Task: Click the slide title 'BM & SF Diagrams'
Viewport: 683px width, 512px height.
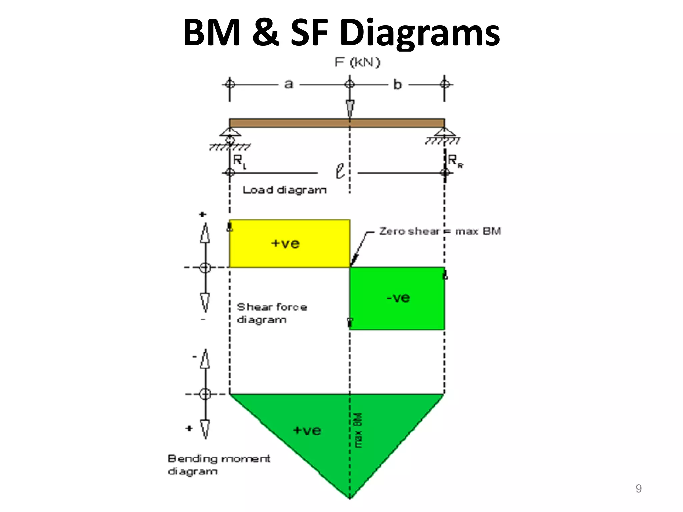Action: click(x=341, y=33)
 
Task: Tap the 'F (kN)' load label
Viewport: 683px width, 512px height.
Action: click(x=357, y=62)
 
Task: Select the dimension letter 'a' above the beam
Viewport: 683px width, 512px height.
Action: click(x=289, y=84)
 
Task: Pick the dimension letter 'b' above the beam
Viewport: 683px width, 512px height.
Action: click(x=397, y=84)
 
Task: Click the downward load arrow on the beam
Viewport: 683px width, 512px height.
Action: click(x=350, y=107)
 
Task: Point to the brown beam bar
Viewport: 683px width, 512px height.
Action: click(x=337, y=123)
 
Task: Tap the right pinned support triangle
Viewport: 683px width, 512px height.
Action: click(x=444, y=132)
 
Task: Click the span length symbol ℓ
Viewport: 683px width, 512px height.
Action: click(x=340, y=171)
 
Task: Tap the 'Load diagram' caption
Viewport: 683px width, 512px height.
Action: click(x=285, y=190)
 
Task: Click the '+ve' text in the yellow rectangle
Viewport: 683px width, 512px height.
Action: click(x=285, y=243)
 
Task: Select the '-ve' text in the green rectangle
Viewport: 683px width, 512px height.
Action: click(x=398, y=298)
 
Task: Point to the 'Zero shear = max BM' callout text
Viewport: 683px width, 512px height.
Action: click(x=440, y=231)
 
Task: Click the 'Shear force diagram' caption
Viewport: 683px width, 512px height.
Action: click(x=272, y=313)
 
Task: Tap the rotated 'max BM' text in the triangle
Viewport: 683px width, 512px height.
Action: click(x=358, y=430)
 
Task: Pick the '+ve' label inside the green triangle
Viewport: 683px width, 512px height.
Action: click(x=307, y=430)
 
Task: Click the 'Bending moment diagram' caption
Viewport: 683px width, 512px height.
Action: click(x=219, y=465)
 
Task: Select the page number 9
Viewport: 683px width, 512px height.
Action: click(x=638, y=489)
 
